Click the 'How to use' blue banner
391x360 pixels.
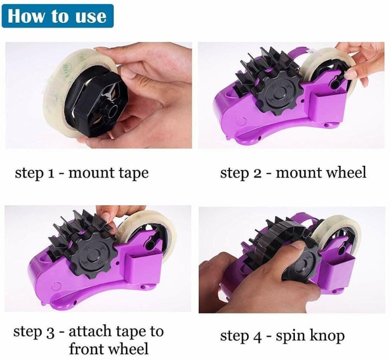(58, 16)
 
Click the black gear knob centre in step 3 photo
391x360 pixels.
(92, 257)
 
